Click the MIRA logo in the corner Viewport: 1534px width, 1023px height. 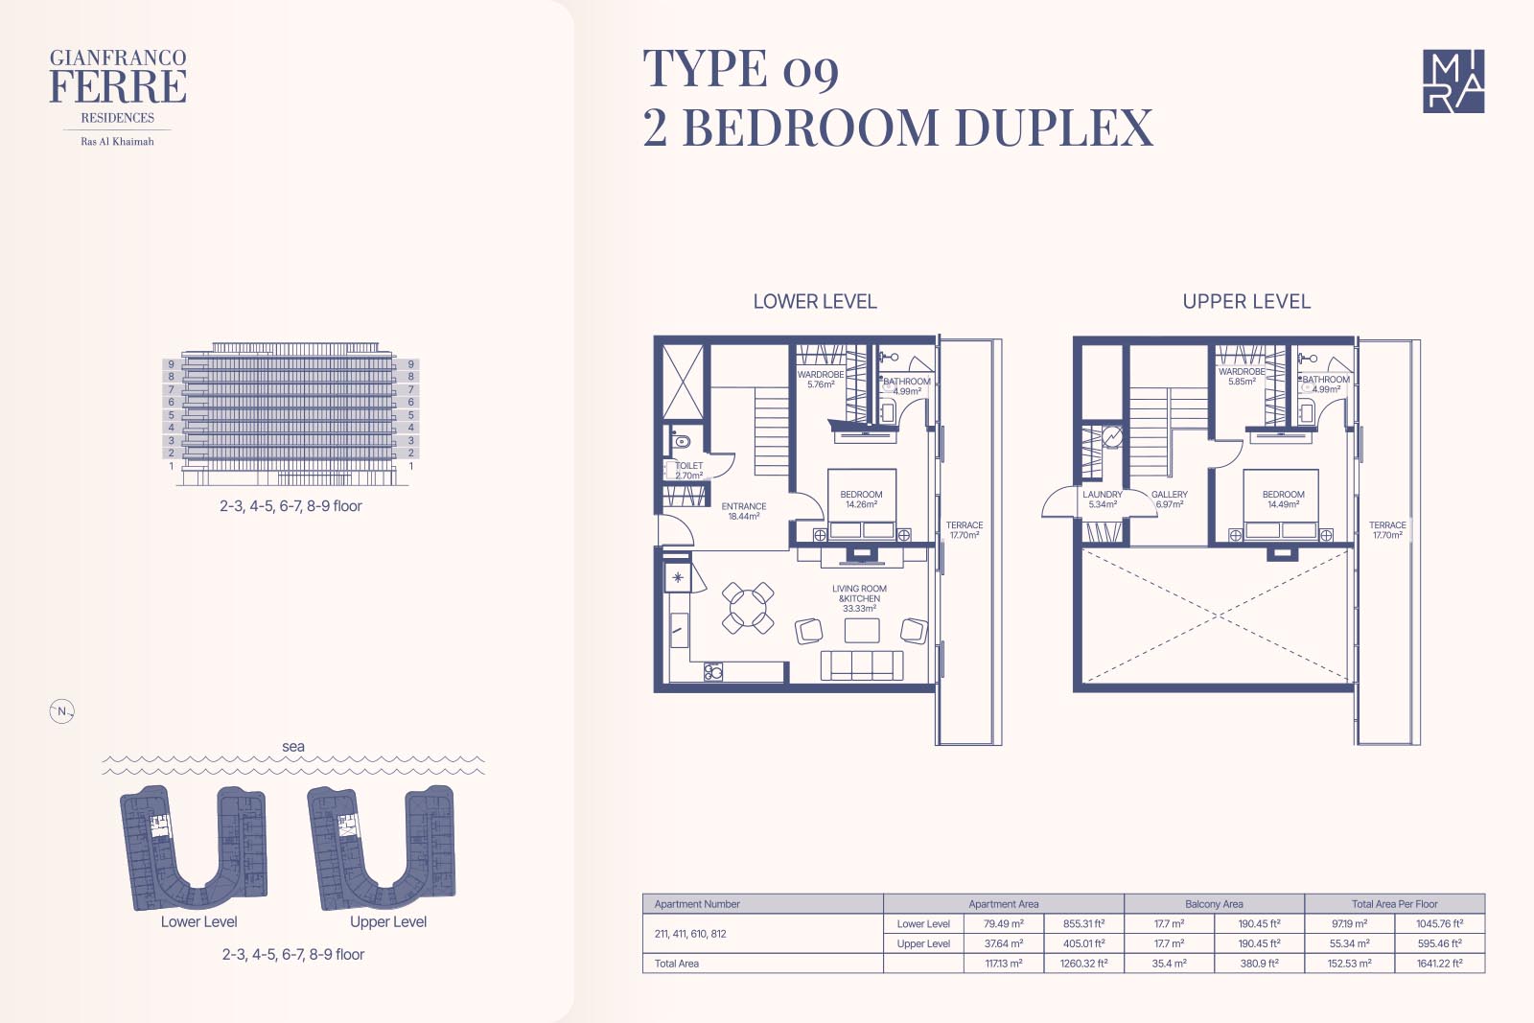(1453, 81)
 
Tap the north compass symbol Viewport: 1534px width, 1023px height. (61, 711)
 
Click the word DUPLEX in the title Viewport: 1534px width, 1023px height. (1054, 128)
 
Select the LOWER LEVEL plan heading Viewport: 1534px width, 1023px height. (815, 301)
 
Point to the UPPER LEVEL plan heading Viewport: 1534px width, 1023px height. (1246, 301)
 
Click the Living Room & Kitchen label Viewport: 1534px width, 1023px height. (859, 598)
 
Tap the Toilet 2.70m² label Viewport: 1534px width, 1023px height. (689, 471)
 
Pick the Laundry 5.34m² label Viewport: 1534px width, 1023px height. (1103, 500)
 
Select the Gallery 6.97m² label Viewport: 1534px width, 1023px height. (1170, 500)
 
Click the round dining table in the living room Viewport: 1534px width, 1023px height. (748, 607)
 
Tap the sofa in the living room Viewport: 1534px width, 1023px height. (862, 664)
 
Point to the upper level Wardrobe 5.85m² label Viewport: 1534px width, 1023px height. (1242, 377)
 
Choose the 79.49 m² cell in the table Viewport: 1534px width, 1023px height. (1003, 923)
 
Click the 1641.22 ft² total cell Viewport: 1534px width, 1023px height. (1439, 964)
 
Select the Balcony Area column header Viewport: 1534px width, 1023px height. (1214, 904)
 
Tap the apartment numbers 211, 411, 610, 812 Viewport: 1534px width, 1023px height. (690, 933)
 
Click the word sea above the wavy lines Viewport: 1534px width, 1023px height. (293, 746)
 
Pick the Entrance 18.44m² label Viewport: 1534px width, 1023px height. (744, 512)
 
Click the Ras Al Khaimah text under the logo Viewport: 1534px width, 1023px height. (117, 142)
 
